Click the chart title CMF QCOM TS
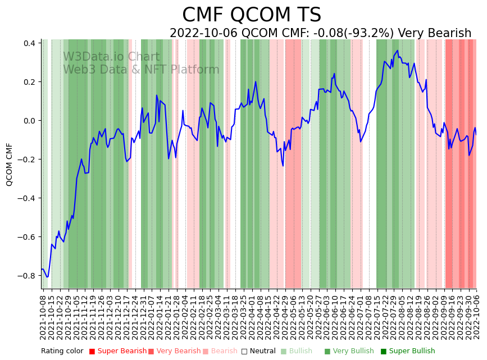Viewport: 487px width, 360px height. coord(252,15)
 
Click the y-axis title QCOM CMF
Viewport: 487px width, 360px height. coord(10,164)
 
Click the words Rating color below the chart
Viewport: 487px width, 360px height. coord(62,352)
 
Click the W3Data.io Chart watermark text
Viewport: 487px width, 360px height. coord(111,57)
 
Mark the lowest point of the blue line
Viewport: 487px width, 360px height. coord(47,277)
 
